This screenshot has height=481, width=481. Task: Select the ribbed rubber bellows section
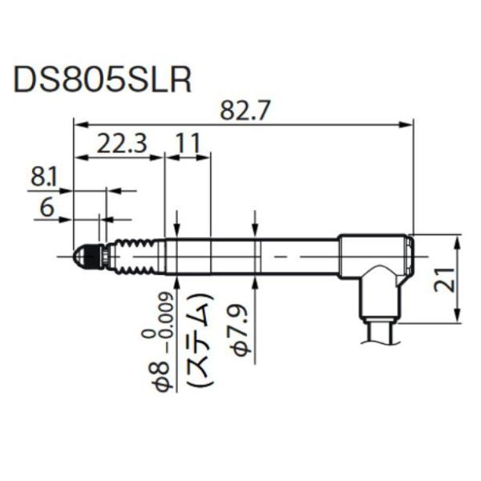coord(135,256)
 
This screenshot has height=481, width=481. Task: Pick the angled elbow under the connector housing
coord(378,293)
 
